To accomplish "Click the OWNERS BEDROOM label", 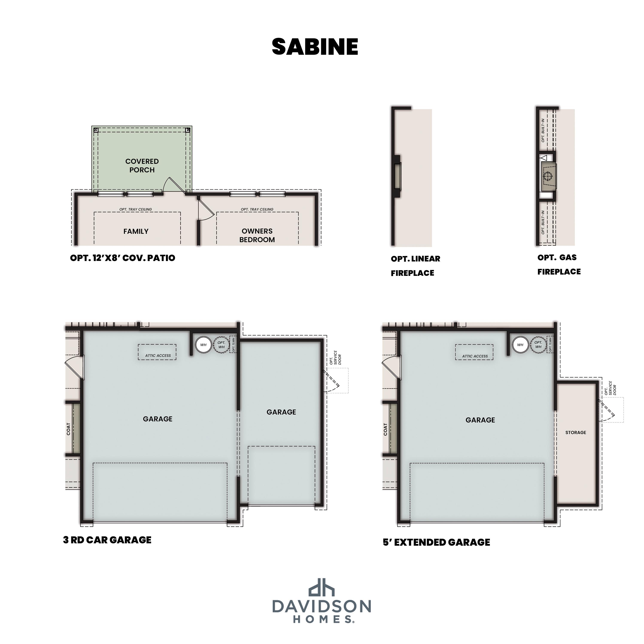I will point(257,235).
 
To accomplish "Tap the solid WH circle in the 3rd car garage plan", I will point(203,345).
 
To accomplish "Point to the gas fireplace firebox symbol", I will point(548,176).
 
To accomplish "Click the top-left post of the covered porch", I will point(96,130).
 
